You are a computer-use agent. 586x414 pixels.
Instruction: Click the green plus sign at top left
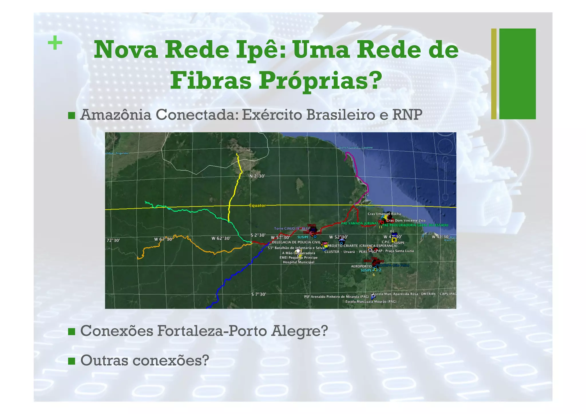coord(55,43)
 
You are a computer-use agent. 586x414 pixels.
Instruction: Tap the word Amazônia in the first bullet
coord(116,115)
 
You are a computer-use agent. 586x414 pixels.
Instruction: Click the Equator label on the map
coord(257,205)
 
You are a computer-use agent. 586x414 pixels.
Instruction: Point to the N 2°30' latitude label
coord(257,176)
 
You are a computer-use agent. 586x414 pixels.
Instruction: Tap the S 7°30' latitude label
coord(259,294)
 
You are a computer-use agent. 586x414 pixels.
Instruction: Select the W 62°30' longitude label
coord(221,238)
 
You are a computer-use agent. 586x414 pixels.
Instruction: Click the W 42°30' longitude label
coord(441,237)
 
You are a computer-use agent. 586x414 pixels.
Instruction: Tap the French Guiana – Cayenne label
coord(356,148)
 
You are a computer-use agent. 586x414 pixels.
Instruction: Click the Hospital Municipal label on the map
coord(298,262)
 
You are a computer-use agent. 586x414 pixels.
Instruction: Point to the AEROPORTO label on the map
coord(361,266)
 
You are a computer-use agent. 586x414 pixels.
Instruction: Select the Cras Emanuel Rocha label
coord(384,214)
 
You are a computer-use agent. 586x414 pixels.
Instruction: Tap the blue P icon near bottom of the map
coord(373,296)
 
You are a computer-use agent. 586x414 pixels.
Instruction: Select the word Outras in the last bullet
coord(104,360)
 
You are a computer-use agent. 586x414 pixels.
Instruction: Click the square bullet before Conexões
coord(72,332)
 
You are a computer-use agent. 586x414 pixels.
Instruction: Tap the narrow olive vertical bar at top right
coord(494,74)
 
